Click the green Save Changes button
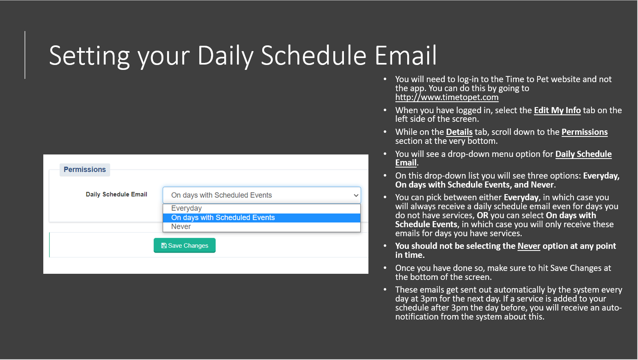(185, 246)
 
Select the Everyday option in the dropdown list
(186, 208)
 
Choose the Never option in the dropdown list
(181, 227)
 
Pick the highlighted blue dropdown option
(261, 218)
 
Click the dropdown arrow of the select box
(356, 195)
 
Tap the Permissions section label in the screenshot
(85, 170)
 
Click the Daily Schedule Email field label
(116, 195)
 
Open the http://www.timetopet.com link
(446, 97)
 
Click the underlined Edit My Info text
(557, 110)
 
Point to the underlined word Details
(459, 132)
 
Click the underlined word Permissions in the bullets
(584, 132)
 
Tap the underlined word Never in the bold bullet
(529, 246)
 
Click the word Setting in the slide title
(89, 56)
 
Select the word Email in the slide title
(405, 56)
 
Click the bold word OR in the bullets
(482, 215)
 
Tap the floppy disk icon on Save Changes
(164, 246)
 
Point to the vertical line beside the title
(25, 55)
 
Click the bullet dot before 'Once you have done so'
(385, 268)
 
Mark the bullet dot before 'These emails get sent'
(385, 290)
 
